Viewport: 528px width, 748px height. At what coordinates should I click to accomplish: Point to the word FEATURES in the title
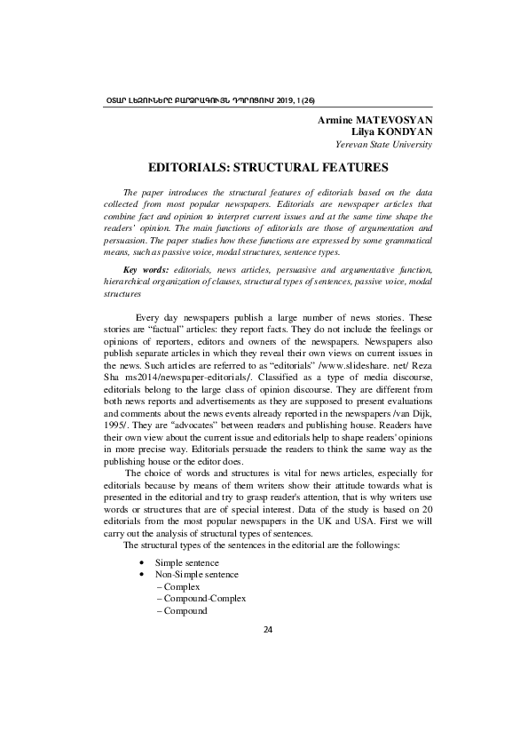[x=348, y=166]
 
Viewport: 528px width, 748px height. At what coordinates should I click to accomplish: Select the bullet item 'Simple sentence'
[x=185, y=563]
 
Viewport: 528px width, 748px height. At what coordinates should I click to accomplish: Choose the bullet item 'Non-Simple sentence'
[x=195, y=575]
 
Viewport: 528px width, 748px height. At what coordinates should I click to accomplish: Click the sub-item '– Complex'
[x=177, y=587]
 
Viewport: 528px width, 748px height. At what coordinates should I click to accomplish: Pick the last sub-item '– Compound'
[x=181, y=611]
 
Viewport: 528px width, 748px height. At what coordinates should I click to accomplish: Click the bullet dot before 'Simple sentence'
[x=142, y=564]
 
